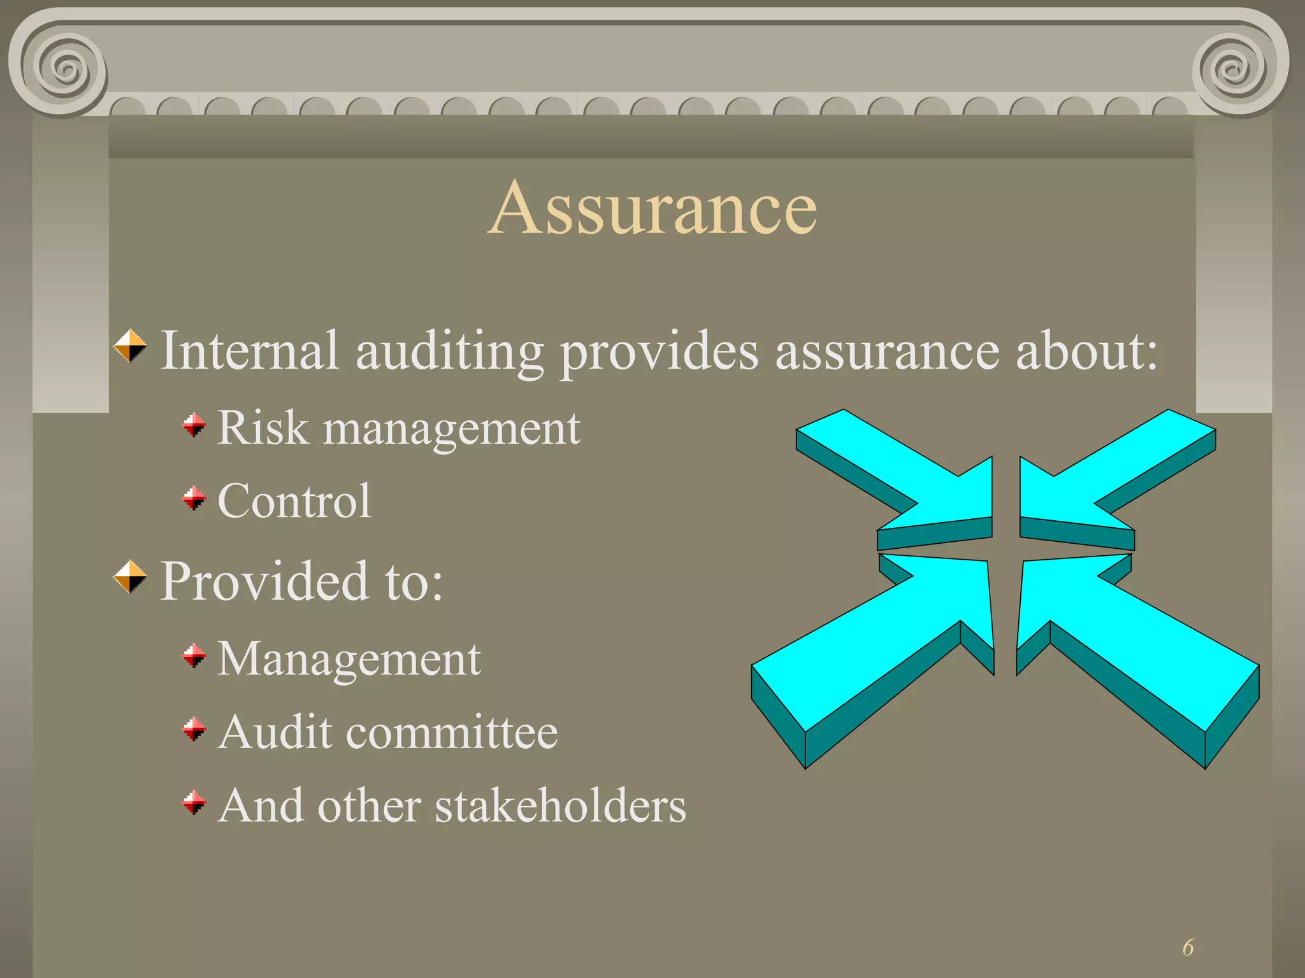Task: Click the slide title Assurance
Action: point(652,208)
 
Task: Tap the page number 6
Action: point(1188,947)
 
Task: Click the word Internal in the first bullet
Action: point(249,350)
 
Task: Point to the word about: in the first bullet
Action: point(1086,350)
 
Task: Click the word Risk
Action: point(263,427)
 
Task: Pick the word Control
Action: point(294,501)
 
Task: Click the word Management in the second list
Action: point(349,660)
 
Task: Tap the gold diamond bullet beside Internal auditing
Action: point(130,346)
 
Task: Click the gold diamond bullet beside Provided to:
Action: point(130,576)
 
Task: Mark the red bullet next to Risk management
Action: point(194,425)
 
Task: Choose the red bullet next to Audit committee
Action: point(194,730)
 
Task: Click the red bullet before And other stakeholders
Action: point(194,803)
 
